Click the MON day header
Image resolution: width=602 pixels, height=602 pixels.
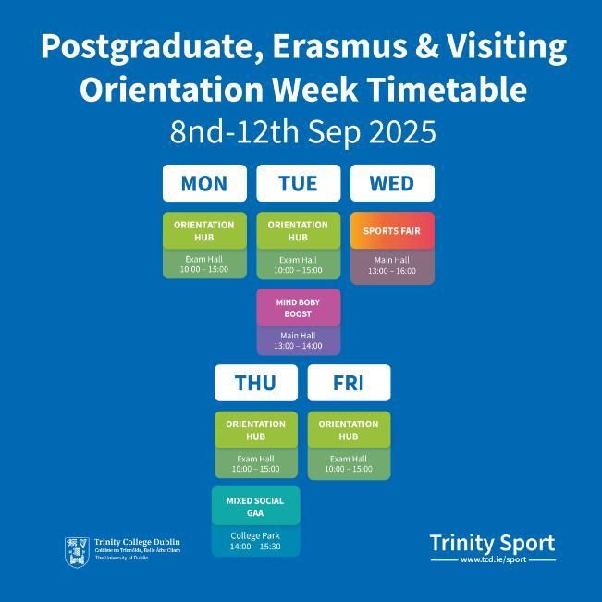pyautogui.click(x=204, y=183)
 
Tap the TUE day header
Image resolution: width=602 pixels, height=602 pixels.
pyautogui.click(x=299, y=183)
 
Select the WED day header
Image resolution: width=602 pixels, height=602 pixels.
pyautogui.click(x=392, y=183)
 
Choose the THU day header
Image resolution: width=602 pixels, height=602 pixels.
pyautogui.click(x=256, y=383)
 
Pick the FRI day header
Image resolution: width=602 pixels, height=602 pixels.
pyautogui.click(x=349, y=383)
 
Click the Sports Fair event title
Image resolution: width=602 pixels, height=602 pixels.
pyautogui.click(x=392, y=231)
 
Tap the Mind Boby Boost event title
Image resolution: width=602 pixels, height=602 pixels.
pyautogui.click(x=298, y=308)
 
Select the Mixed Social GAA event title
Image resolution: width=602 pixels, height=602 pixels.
pyautogui.click(x=255, y=507)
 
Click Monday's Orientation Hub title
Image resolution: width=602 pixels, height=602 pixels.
pyautogui.click(x=203, y=231)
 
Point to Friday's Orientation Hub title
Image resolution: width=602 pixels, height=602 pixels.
pyautogui.click(x=349, y=430)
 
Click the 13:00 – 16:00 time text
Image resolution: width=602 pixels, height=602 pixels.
pyautogui.click(x=392, y=271)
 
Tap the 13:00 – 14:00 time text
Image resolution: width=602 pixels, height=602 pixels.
pyautogui.click(x=298, y=346)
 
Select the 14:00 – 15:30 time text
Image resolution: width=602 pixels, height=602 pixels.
pyautogui.click(x=255, y=547)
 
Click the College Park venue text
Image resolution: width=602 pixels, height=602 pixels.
pyautogui.click(x=255, y=535)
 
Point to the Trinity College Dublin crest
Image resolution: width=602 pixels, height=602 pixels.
pyautogui.click(x=77, y=552)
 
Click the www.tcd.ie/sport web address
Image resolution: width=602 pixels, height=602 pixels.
pyautogui.click(x=494, y=559)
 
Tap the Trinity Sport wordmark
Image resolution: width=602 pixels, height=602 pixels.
pyautogui.click(x=493, y=543)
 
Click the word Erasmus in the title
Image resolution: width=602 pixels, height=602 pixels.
pyautogui.click(x=339, y=46)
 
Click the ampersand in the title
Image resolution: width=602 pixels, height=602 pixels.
pyautogui.click(x=426, y=46)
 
